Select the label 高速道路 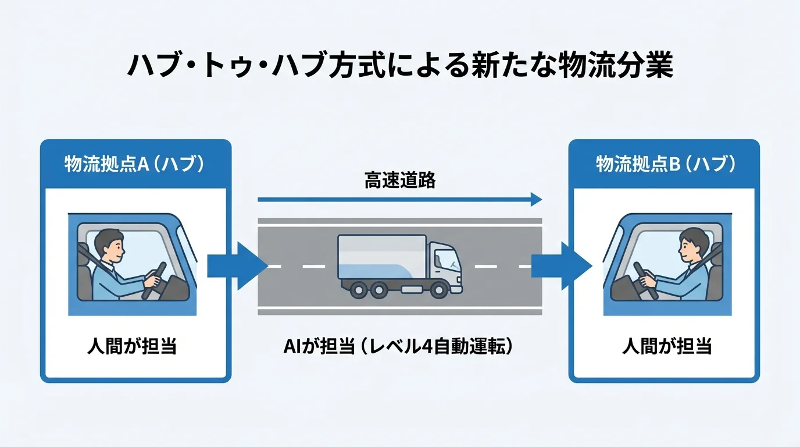[x=400, y=180]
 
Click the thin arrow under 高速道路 [x=400, y=200]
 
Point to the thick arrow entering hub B [x=561, y=266]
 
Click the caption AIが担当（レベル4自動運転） [x=400, y=347]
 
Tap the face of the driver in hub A [x=112, y=246]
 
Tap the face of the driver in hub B [x=688, y=246]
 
